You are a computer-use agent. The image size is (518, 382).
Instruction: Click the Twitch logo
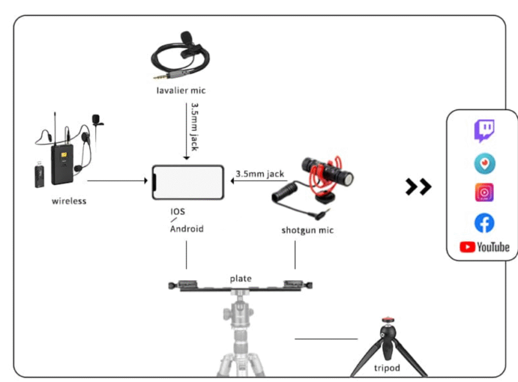coord(484,131)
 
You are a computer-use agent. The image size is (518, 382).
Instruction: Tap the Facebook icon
coord(484,223)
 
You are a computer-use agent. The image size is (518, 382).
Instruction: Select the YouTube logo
coord(484,247)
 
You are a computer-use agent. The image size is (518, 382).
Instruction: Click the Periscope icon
coord(484,164)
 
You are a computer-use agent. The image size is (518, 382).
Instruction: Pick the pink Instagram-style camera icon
coord(484,193)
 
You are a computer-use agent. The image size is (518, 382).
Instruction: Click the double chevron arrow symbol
coord(418,187)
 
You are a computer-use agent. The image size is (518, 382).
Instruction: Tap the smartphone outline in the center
coord(188,183)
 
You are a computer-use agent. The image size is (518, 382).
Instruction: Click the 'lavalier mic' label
coord(181,90)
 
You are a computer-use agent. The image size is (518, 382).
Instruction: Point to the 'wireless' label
coord(69,201)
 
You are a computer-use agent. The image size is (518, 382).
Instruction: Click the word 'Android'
coord(186,229)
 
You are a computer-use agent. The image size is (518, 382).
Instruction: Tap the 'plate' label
coord(240,278)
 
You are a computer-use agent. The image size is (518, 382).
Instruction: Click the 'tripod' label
coord(387,368)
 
